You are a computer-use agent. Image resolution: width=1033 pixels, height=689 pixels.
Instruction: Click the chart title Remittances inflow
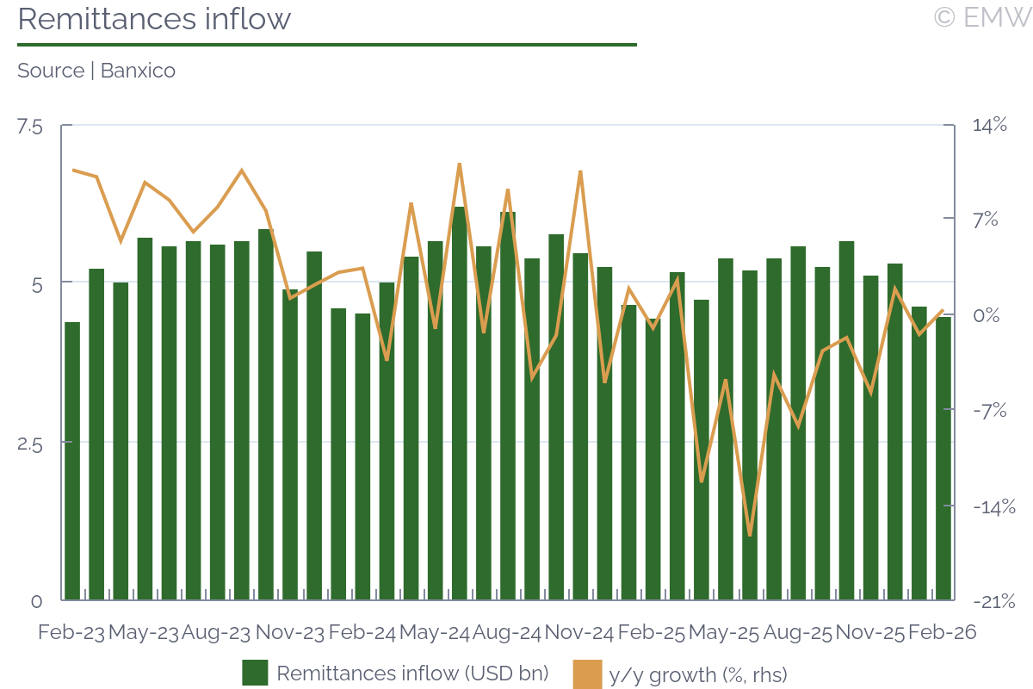(154, 19)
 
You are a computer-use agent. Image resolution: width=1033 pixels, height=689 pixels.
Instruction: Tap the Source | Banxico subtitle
(96, 71)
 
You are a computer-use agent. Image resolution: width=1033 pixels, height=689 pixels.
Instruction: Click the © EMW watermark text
(981, 16)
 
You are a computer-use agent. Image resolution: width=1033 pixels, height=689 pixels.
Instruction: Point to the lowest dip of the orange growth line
(750, 535)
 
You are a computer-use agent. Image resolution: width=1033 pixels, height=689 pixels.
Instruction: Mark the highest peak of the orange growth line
(460, 164)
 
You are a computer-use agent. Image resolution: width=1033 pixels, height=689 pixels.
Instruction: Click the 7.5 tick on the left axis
(29, 127)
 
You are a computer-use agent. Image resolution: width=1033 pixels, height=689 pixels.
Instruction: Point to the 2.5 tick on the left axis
(29, 444)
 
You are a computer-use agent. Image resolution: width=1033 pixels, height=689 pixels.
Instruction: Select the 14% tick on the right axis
(989, 126)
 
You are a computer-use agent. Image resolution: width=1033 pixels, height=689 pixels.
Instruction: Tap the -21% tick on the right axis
(993, 601)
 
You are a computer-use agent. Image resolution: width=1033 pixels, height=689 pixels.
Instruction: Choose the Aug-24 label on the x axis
(507, 633)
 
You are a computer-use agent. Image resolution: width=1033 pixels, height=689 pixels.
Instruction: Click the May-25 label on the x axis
(725, 633)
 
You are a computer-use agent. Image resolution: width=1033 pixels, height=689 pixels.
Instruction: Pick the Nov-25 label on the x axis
(870, 633)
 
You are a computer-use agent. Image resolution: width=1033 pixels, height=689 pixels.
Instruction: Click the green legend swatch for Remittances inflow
(255, 673)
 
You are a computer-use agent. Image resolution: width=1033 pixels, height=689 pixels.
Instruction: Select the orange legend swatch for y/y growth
(586, 673)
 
